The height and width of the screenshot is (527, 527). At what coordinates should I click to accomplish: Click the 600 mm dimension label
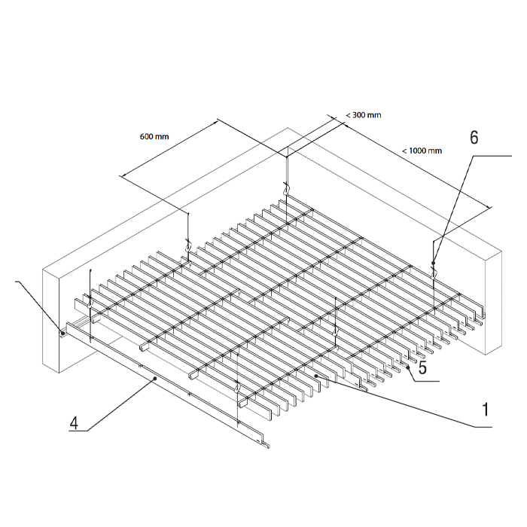point(154,136)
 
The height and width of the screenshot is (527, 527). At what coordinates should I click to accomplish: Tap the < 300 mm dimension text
point(364,115)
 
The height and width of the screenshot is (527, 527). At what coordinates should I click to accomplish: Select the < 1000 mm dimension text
point(422,151)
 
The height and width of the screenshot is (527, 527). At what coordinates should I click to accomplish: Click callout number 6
point(474,138)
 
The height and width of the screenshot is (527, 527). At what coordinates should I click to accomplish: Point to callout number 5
point(422,367)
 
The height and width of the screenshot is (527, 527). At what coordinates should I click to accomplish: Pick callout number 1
point(486,410)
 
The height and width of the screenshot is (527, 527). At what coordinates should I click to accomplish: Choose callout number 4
point(74,423)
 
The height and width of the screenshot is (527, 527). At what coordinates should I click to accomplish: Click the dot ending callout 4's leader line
point(155,379)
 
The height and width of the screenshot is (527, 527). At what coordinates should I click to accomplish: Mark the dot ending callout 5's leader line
point(408,367)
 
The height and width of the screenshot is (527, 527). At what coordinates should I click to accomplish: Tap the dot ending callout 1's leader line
point(316,376)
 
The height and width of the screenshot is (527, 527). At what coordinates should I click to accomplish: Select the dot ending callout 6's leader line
point(434,263)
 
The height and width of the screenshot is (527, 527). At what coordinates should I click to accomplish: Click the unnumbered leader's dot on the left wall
point(62,333)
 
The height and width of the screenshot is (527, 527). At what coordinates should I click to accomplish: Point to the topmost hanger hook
point(286,188)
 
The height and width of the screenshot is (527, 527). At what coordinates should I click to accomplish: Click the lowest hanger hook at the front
point(238,387)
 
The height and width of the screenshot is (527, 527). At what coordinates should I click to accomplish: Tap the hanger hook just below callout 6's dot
point(433,273)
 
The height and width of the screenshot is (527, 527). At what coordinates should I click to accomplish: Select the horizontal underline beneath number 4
point(78,431)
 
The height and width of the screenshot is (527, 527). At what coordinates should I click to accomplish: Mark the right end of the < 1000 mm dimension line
point(489,208)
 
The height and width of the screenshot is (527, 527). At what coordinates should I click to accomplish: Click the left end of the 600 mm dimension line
point(122,175)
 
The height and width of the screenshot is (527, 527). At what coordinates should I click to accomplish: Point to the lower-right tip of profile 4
point(270,447)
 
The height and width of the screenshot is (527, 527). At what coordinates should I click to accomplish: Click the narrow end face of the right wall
point(493,303)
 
